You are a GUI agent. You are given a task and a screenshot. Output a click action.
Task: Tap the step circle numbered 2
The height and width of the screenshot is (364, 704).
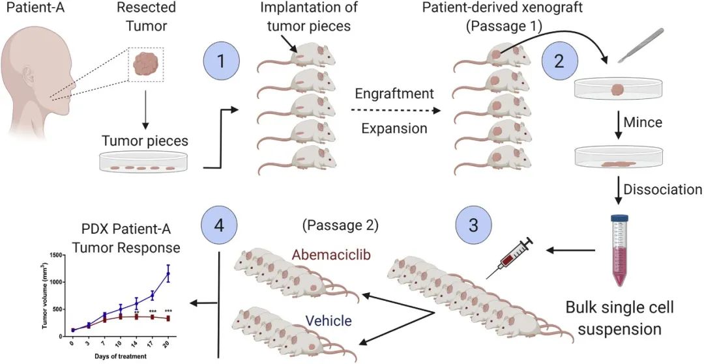(558, 62)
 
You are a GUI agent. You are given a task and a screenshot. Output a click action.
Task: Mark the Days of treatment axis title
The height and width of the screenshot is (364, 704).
(121, 356)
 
